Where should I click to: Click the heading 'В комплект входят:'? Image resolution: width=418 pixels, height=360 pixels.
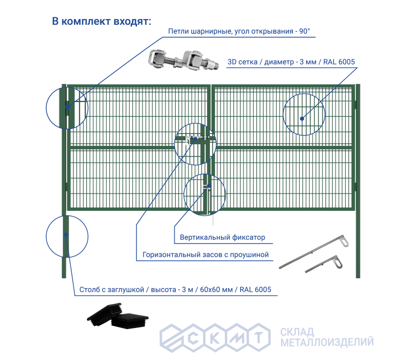pyautogui.click(x=102, y=22)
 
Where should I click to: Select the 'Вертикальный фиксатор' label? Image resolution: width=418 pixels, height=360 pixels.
pyautogui.click(x=223, y=237)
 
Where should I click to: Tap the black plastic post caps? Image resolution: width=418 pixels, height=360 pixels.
pyautogui.click(x=121, y=318)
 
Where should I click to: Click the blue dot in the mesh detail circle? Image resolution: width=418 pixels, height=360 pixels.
pyautogui.click(x=302, y=118)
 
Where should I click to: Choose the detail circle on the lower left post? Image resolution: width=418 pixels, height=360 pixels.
pyautogui.click(x=66, y=236)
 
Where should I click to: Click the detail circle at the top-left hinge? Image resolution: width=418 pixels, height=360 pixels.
pyautogui.click(x=67, y=107)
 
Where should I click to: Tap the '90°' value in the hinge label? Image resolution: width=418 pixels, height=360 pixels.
pyautogui.click(x=304, y=32)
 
